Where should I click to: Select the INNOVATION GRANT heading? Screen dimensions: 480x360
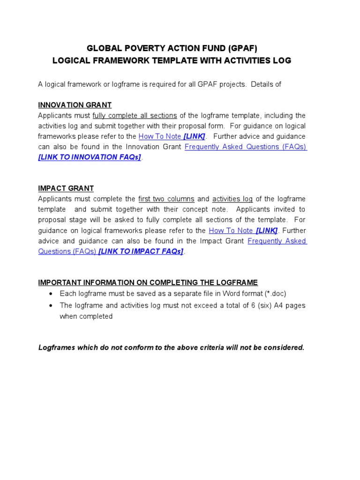[x=75, y=105]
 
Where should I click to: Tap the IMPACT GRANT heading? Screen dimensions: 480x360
[x=66, y=188]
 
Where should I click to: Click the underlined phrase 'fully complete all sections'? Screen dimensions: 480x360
[x=135, y=116]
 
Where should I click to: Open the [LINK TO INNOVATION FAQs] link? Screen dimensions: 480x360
[x=90, y=157]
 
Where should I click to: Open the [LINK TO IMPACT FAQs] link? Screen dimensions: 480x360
[x=141, y=251]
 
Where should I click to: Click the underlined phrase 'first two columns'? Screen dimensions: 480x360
[x=166, y=199]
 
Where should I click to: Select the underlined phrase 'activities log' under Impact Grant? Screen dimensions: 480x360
[x=232, y=199]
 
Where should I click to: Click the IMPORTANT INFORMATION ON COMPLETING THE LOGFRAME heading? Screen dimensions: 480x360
[x=148, y=283]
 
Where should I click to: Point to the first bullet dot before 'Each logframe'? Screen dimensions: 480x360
[x=51, y=294]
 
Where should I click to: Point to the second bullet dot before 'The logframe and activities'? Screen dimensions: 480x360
[x=51, y=306]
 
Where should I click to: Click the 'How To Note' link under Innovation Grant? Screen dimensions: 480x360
[x=160, y=136]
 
